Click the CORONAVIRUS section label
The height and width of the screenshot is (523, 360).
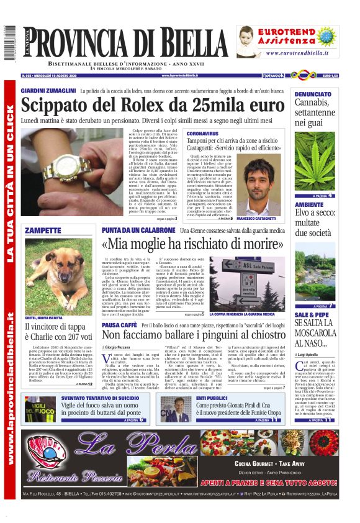[x=202, y=134]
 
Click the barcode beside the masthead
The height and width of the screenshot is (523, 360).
[x=9, y=43]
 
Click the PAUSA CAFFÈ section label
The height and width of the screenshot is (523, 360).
[x=120, y=325]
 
